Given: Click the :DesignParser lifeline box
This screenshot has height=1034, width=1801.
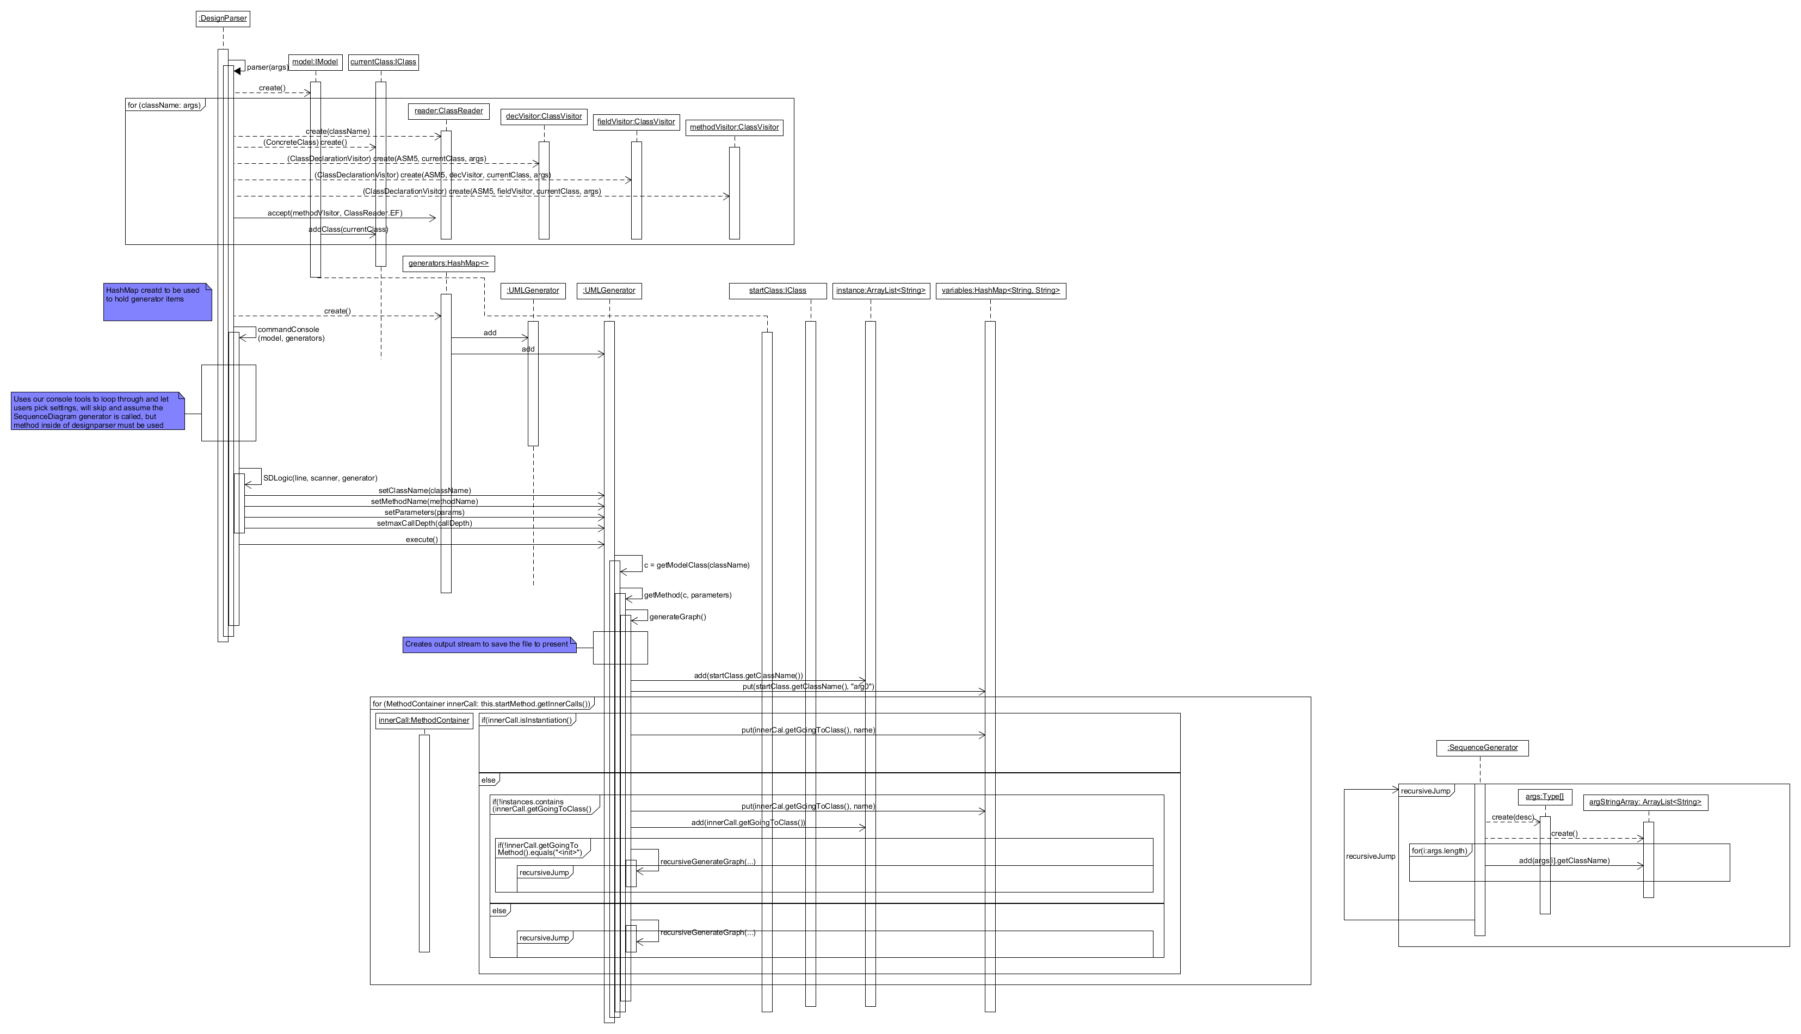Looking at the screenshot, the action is [x=223, y=19].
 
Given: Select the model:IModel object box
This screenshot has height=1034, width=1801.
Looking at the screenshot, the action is [x=315, y=63].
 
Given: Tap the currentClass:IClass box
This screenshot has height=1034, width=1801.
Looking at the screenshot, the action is [x=384, y=63].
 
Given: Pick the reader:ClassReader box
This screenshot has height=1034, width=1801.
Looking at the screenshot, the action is [x=449, y=112].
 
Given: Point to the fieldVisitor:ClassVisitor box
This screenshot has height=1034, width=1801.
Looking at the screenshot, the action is [x=636, y=122].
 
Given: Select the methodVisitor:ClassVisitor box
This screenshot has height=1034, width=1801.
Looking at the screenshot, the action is [x=734, y=128].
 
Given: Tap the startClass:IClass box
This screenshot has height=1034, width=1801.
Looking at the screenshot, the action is [x=778, y=291].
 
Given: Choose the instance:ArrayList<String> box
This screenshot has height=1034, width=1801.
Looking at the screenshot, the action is [x=880, y=291].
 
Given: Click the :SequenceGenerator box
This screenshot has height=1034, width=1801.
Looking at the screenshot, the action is [x=1482, y=748].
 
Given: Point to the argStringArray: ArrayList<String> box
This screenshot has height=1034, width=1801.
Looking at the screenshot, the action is [x=1645, y=803].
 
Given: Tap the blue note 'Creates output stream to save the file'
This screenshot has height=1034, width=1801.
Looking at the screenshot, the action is [x=489, y=645].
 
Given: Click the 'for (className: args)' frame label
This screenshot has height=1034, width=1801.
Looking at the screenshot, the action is [x=164, y=105].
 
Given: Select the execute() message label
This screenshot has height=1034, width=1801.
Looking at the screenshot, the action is [x=422, y=540].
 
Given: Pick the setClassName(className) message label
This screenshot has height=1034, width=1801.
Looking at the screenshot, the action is [x=424, y=491].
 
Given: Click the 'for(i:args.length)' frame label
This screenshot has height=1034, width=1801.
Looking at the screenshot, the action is [x=1439, y=851].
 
